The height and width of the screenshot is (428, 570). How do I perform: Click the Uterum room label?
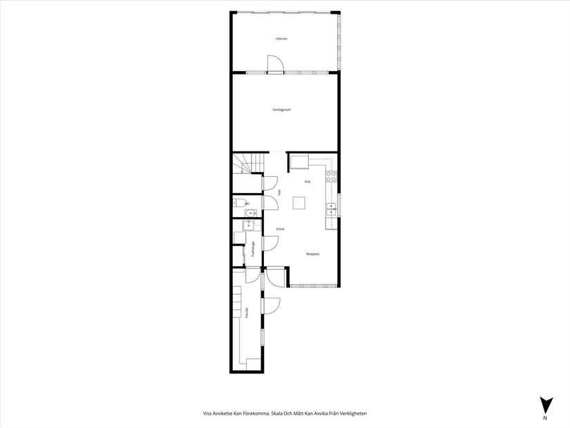pyautogui.click(x=281, y=39)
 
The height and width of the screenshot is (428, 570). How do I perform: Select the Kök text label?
pyautogui.click(x=307, y=182)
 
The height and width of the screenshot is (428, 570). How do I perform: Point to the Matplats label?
pyautogui.click(x=312, y=254)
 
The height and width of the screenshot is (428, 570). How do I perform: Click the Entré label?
pyautogui.click(x=281, y=229)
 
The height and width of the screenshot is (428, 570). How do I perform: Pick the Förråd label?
pyautogui.click(x=247, y=313)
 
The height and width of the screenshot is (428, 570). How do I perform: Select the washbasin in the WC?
pyautogui.click(x=251, y=212)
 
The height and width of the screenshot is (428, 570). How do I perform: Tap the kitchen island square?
pyautogui.click(x=298, y=203)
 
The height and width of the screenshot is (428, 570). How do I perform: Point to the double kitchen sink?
pyautogui.click(x=331, y=210)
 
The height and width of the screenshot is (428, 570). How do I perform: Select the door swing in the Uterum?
pyautogui.click(x=275, y=64)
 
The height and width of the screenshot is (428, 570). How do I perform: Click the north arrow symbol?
pyautogui.click(x=545, y=405)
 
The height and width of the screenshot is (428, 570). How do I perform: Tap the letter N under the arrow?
pyautogui.click(x=545, y=418)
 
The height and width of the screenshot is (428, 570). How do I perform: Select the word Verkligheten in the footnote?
pyautogui.click(x=351, y=413)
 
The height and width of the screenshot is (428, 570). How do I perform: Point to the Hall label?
pyautogui.click(x=278, y=194)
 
